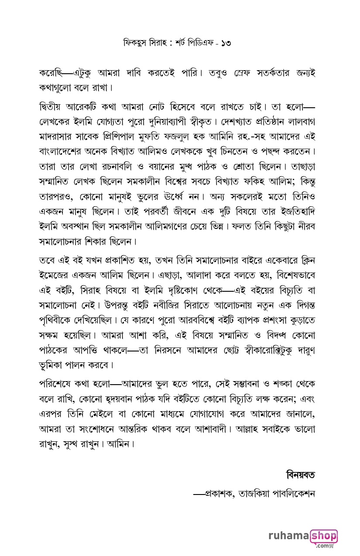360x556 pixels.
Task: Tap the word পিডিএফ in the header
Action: (199, 43)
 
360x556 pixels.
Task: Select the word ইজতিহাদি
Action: (296, 211)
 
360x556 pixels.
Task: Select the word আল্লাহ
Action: (251, 430)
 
